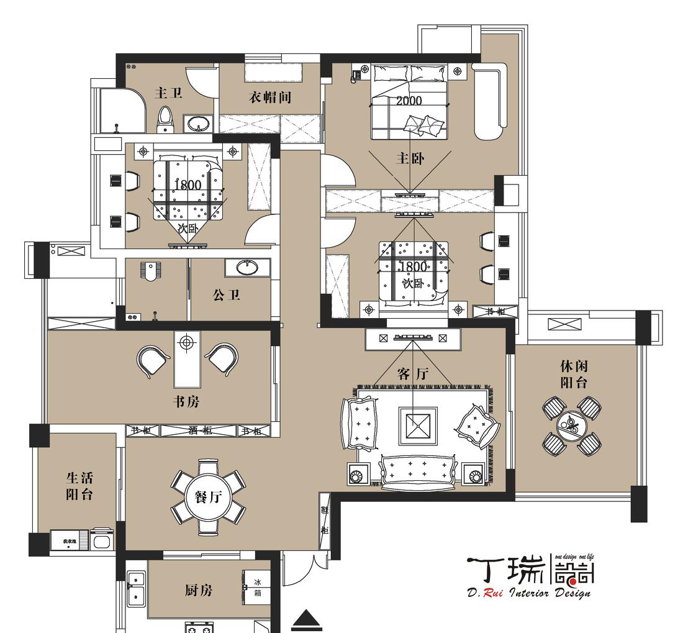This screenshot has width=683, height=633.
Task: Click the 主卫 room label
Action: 168,93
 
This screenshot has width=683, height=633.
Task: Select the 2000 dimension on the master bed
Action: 409,101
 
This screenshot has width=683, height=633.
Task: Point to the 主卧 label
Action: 410,158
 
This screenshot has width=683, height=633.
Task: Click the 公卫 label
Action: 226,295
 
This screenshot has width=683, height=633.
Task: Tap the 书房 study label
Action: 186,402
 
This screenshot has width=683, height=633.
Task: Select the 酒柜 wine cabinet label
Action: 199,430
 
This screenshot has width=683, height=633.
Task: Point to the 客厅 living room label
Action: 412,374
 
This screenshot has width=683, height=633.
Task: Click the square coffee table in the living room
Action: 418,426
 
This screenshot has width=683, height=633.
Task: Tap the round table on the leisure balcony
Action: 572,425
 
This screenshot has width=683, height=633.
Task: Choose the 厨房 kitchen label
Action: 198,590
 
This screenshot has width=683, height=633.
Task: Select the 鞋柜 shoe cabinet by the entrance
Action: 324,520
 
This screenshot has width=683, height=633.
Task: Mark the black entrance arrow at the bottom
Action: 307,619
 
